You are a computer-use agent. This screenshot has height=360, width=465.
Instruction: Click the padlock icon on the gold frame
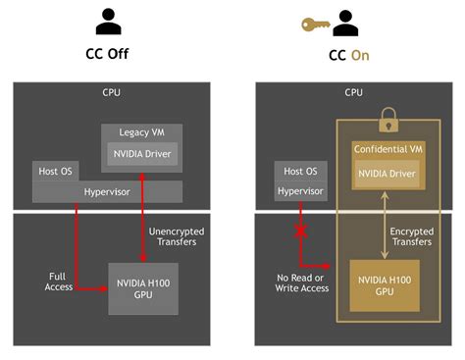[385, 120]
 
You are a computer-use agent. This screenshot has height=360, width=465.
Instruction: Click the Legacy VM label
[141, 132]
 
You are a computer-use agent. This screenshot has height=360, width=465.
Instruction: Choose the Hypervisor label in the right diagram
[300, 192]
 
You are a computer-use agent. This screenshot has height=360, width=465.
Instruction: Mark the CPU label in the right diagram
[353, 93]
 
